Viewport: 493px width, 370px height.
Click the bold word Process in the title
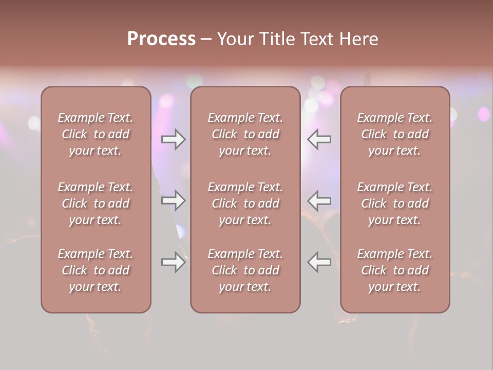tap(161, 39)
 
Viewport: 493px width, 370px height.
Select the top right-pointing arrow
tap(173, 139)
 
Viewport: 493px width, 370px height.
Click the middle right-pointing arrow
tap(173, 200)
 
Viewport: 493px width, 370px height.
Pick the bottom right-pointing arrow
tap(173, 262)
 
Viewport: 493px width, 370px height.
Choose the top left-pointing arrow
tap(319, 139)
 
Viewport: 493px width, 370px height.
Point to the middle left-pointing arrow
tap(319, 200)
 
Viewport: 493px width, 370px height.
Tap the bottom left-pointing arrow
tap(319, 262)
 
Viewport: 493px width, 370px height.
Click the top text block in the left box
tap(96, 134)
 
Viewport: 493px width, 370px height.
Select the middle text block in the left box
tap(96, 203)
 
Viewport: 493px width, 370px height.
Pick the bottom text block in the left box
tap(96, 270)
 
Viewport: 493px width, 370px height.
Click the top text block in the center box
tap(245, 134)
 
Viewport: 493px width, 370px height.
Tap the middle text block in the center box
tap(245, 203)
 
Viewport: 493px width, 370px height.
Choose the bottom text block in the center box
tap(245, 270)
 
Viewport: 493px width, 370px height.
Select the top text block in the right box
tap(395, 134)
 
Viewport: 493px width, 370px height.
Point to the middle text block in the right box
tap(395, 203)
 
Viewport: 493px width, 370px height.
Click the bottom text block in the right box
tap(395, 270)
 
